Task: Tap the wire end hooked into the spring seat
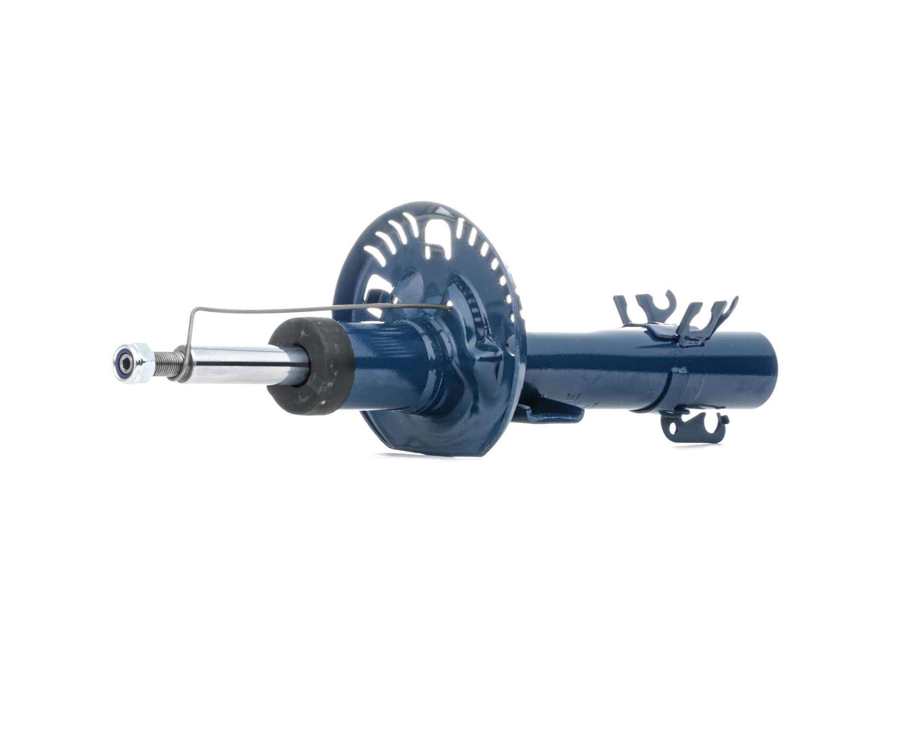point(449,307)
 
